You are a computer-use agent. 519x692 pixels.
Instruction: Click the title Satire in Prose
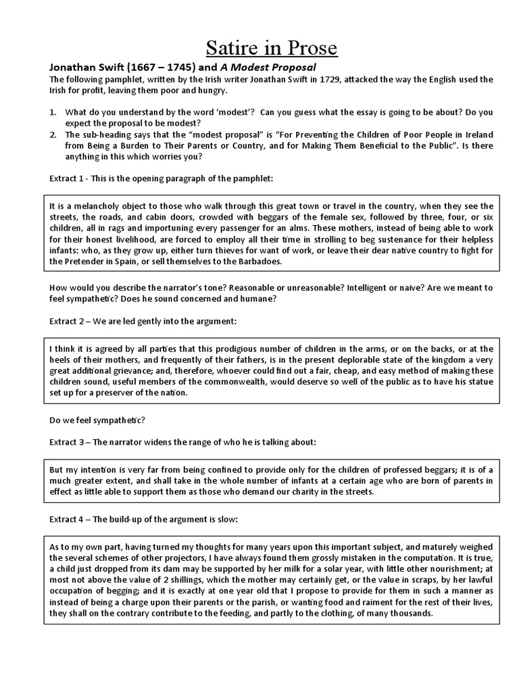point(261,49)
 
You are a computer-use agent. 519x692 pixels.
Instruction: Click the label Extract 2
point(66,320)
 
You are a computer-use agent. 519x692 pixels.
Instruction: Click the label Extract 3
point(66,442)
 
